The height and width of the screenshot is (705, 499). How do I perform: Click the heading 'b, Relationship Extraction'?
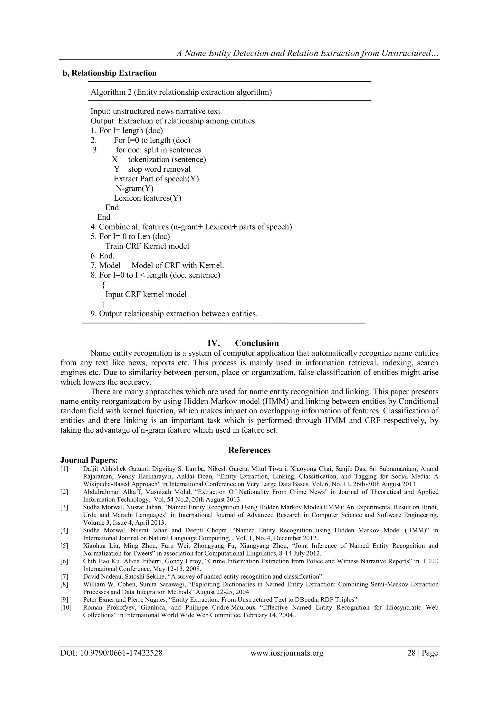pyautogui.click(x=109, y=73)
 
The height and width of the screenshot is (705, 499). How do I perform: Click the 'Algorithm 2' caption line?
pyautogui.click(x=181, y=92)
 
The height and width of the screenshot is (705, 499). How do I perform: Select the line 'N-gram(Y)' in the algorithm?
pyautogui.click(x=134, y=188)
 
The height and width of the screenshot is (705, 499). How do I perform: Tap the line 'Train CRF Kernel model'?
pyautogui.click(x=147, y=246)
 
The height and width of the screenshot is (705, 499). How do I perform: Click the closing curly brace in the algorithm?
pyautogui.click(x=103, y=304)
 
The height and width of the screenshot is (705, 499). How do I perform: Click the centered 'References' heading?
pyautogui.click(x=249, y=450)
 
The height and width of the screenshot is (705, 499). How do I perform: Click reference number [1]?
pyautogui.click(x=64, y=469)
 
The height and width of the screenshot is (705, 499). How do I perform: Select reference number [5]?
pyautogui.click(x=64, y=546)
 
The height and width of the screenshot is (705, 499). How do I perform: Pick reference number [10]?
pyautogui.click(x=66, y=607)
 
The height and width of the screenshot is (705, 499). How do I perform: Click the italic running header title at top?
pyautogui.click(x=307, y=53)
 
